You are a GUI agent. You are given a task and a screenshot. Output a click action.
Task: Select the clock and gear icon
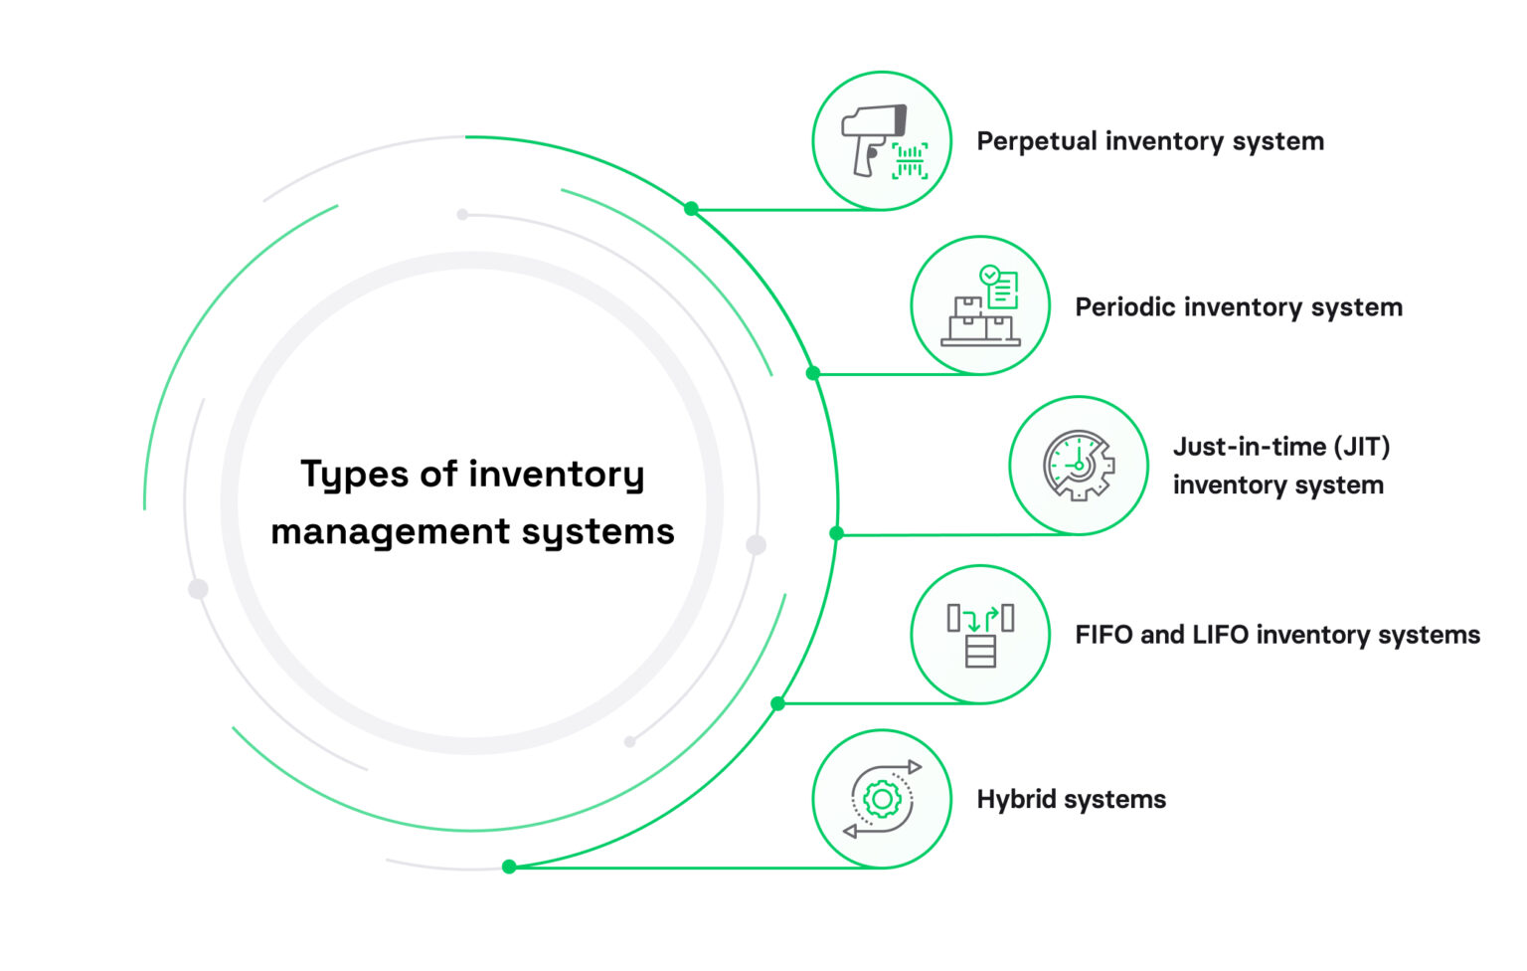click(1079, 466)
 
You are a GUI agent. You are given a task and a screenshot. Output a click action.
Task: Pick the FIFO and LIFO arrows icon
click(980, 634)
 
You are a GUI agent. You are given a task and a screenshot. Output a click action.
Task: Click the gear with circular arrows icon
click(883, 799)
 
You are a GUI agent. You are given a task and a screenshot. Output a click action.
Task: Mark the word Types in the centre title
click(355, 476)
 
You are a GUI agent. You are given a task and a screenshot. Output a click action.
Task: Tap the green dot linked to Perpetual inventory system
click(691, 209)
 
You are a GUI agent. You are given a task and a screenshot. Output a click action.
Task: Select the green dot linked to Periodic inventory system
click(813, 373)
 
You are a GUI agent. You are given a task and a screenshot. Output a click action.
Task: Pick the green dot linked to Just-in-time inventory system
click(836, 533)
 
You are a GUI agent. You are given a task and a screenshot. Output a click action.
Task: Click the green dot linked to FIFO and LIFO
click(777, 703)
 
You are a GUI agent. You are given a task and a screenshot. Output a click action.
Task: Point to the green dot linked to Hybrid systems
click(509, 867)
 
